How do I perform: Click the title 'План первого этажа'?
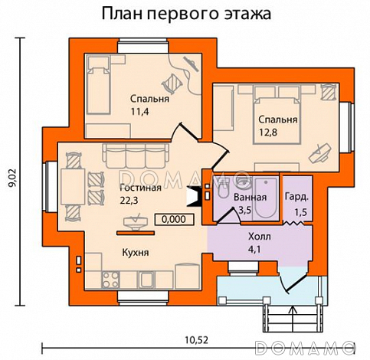[x=187, y=15]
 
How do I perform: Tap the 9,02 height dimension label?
[x=11, y=178]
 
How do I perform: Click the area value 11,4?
[x=139, y=112]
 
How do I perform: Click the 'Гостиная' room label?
[x=140, y=187]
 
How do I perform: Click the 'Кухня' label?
[x=135, y=251]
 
